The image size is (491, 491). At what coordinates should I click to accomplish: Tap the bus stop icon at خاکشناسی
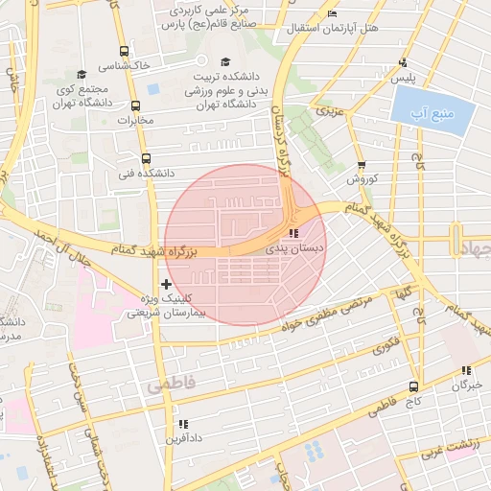tap(123, 52)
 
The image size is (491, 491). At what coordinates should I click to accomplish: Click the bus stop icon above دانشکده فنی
tap(146, 159)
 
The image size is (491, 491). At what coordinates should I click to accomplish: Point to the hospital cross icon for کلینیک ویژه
tap(167, 284)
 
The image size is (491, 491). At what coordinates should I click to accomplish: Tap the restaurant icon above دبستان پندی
tap(293, 233)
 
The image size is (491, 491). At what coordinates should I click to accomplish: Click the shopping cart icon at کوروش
tap(361, 165)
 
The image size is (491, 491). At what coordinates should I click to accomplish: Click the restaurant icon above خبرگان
tap(466, 370)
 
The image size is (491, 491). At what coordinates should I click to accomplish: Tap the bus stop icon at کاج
tap(413, 387)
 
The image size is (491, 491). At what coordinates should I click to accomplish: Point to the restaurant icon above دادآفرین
tap(182, 424)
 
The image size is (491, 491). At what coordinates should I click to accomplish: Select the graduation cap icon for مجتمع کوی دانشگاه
tap(82, 74)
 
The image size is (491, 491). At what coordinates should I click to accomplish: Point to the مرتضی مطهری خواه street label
tap(323, 316)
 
